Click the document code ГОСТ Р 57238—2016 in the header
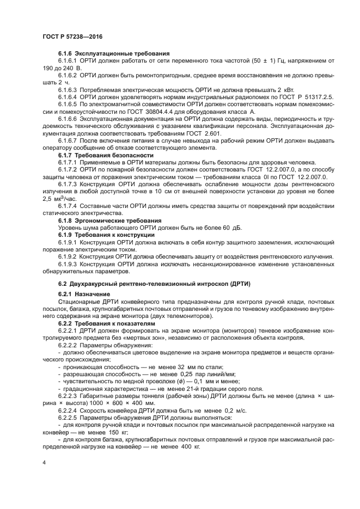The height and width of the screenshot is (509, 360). pyautogui.click(x=72, y=36)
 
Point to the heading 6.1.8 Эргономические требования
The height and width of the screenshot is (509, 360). pyautogui.click(x=109, y=220)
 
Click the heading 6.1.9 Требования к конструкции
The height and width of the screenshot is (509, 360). pyautogui.click(x=106, y=234)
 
